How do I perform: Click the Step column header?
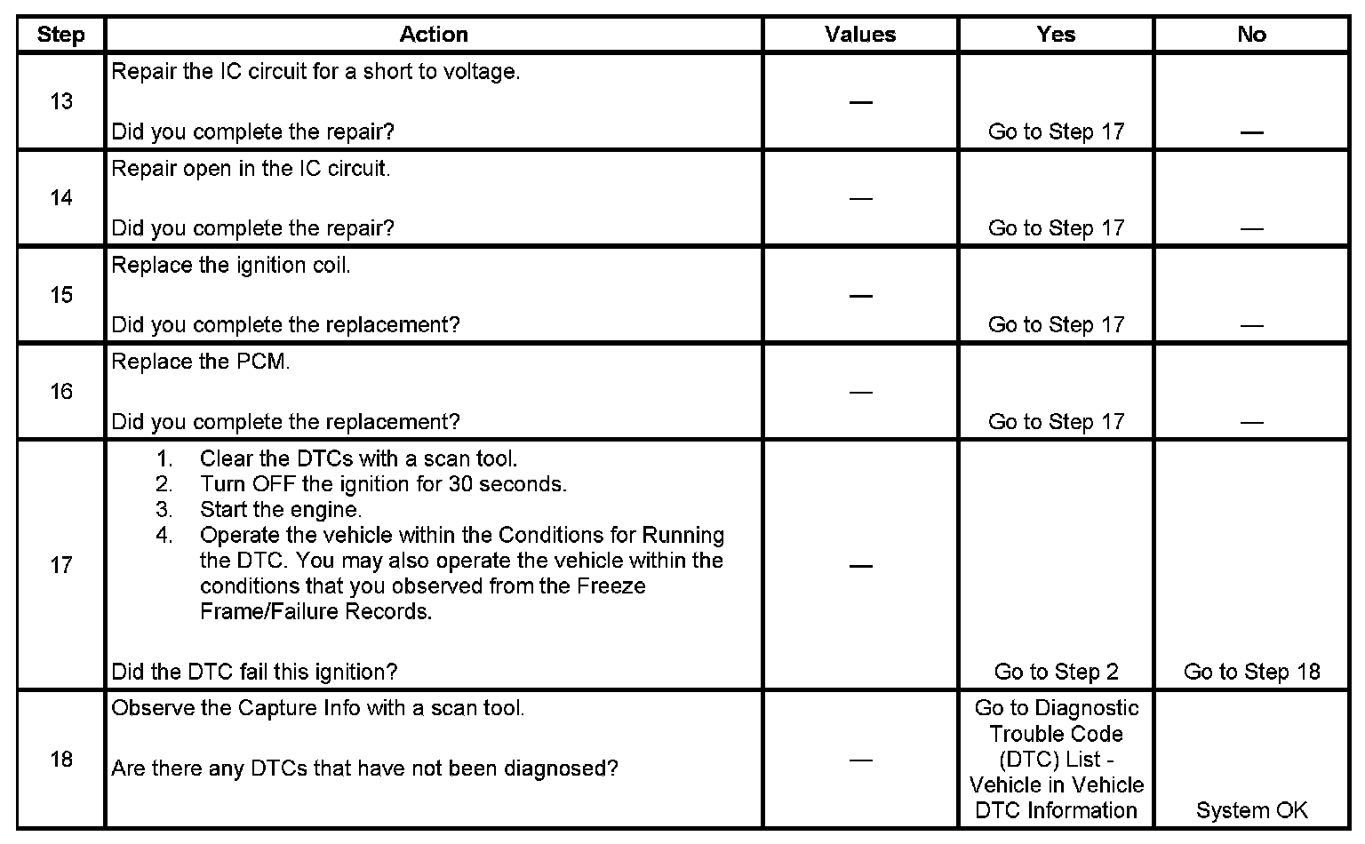(x=60, y=35)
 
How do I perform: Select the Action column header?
(x=433, y=35)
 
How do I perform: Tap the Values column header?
(x=859, y=35)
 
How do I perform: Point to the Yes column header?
(x=1055, y=35)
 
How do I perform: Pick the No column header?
(x=1250, y=35)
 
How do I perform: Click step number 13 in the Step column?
(x=60, y=101)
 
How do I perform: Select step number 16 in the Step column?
(x=60, y=392)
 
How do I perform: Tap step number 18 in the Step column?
(x=60, y=760)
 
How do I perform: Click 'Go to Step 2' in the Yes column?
(x=1056, y=672)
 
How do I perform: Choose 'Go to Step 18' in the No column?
(x=1251, y=672)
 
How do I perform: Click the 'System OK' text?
(x=1251, y=810)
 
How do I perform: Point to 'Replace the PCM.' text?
(x=201, y=362)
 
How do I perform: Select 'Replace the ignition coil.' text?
(x=231, y=266)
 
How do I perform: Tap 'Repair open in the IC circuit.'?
(x=251, y=169)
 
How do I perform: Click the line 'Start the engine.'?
(x=280, y=510)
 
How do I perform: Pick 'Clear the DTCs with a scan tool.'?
(x=358, y=459)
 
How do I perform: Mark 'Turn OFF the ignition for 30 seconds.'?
(x=383, y=484)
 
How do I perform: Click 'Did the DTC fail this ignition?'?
(x=254, y=672)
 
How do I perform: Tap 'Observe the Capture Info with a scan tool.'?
(x=317, y=709)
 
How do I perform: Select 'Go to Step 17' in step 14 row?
(x=1056, y=228)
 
